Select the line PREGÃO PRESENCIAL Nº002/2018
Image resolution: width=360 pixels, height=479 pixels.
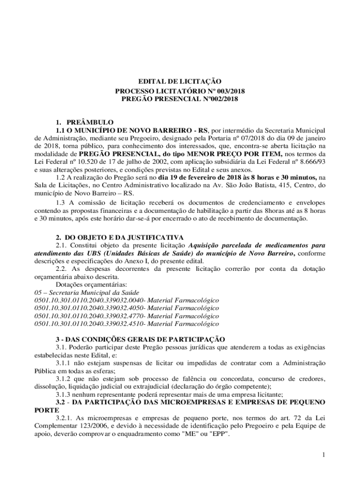click(x=180, y=99)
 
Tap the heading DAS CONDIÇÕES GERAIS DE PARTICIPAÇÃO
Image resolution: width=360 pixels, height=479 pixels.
click(x=145, y=339)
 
